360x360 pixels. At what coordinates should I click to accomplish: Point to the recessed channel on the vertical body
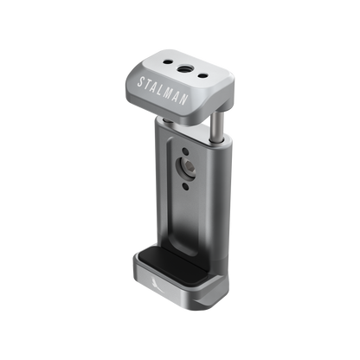pyautogui.click(x=186, y=208)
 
